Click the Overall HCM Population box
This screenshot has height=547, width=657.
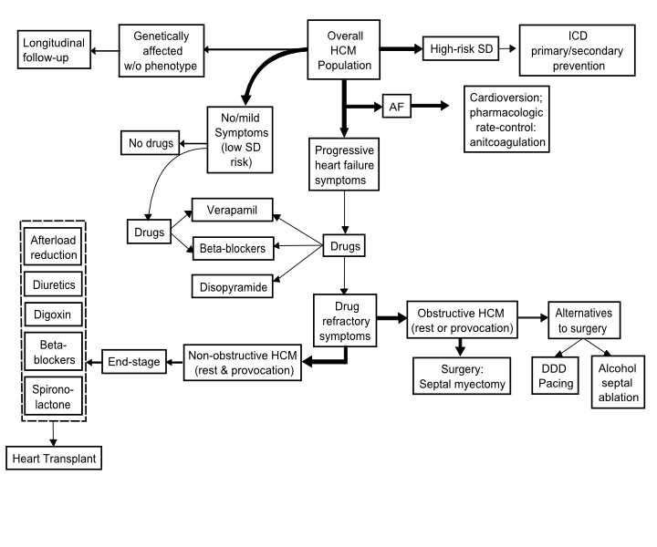pos(344,49)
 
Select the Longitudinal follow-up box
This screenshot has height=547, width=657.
pos(54,49)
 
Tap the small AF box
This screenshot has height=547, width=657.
pos(396,106)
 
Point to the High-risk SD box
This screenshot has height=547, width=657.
pos(461,48)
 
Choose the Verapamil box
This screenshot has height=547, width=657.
pos(232,210)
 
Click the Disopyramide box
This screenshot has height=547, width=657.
pos(232,286)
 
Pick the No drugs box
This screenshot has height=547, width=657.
pos(150,143)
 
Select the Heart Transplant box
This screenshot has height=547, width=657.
pos(54,458)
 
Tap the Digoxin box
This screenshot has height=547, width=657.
pos(53,315)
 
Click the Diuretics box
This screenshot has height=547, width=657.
pos(53,284)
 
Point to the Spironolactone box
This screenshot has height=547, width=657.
pos(53,396)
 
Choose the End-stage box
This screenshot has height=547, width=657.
pos(134,361)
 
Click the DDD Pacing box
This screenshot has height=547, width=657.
pos(555,376)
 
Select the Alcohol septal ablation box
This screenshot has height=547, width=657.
pos(618,382)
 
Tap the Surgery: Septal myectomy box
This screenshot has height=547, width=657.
pos(462,376)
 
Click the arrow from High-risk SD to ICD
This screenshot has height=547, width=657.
pos(507,48)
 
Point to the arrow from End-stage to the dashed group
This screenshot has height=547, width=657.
pos(94,362)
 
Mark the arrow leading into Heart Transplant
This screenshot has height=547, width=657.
pos(53,434)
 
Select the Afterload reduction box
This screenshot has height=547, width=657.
pos(53,246)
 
